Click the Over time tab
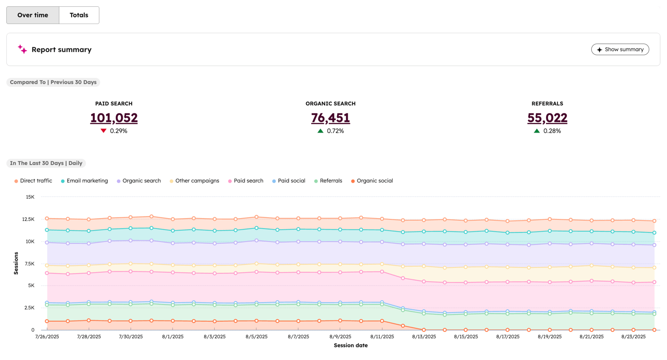(32, 15)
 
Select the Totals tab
(79, 15)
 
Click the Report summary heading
(61, 50)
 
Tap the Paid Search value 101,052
(114, 118)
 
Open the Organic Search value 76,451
(330, 118)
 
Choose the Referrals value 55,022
(547, 118)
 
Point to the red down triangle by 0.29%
(104, 131)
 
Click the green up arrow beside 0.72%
(320, 131)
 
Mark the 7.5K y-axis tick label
(28, 264)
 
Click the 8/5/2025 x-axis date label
(256, 337)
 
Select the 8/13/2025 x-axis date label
(424, 337)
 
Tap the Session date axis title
(350, 345)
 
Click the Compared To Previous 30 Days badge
(53, 82)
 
